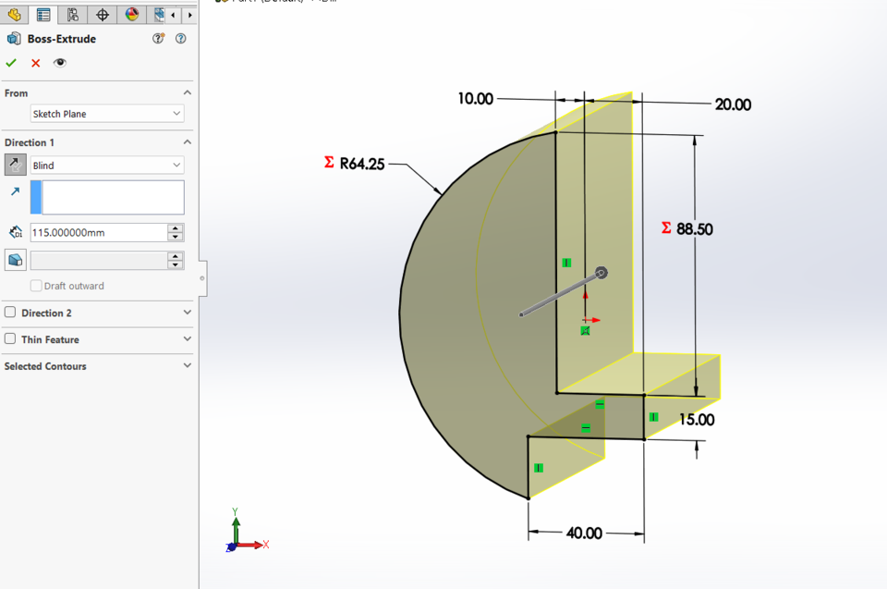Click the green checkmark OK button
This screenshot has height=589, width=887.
pos(11,63)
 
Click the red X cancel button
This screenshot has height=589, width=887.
pos(36,63)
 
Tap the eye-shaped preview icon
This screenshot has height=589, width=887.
pos(60,63)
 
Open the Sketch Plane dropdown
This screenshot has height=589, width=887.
pos(106,114)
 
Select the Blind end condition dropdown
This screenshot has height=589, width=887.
pos(106,166)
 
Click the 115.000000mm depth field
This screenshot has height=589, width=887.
pos(98,233)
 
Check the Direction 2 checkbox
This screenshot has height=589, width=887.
pos(10,313)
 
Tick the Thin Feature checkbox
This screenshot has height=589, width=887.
pos(10,339)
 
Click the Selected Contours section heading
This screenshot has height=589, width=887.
pos(45,366)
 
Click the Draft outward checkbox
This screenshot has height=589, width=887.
pos(36,286)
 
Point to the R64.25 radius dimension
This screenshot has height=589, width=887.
pos(361,164)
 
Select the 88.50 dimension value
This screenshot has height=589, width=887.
pos(694,229)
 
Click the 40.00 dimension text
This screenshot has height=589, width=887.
pos(584,534)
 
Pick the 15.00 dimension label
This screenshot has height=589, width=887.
pos(697,420)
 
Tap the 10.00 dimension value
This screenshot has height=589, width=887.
pos(476,99)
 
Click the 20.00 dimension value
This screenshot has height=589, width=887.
pos(733,105)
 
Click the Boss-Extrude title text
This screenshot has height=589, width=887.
pos(62,39)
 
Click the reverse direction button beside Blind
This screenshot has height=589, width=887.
pos(16,165)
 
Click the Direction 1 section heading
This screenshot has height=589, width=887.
pos(30,142)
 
